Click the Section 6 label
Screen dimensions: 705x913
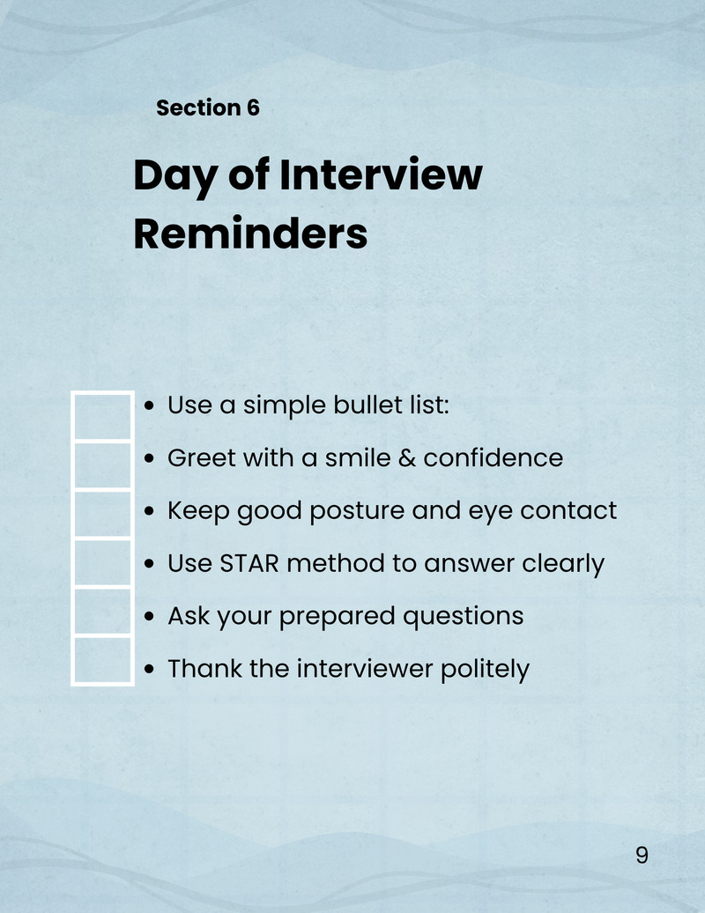coord(208,108)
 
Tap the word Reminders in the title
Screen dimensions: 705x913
coord(250,234)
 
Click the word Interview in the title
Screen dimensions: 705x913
coord(381,174)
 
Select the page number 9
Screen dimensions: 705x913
coord(642,855)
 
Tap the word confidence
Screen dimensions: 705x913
coord(493,457)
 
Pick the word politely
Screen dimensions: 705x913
coord(485,669)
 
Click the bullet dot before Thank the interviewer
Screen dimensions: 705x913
coord(149,670)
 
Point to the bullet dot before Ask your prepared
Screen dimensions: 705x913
coord(149,617)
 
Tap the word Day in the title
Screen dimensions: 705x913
coord(174,176)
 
